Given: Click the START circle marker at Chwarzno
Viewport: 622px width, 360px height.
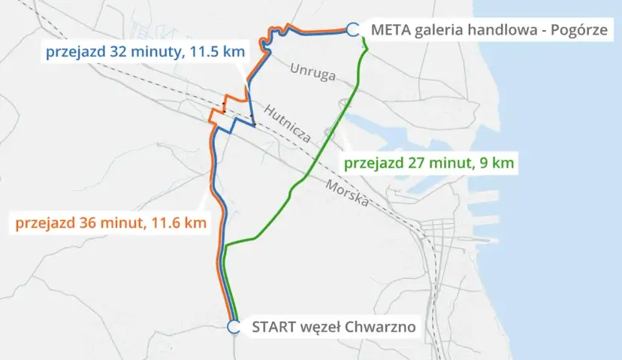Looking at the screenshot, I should [234, 327].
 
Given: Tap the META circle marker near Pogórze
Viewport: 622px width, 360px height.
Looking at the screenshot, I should [352, 29].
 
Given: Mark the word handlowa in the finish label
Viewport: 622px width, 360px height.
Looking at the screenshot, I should [496, 30].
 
